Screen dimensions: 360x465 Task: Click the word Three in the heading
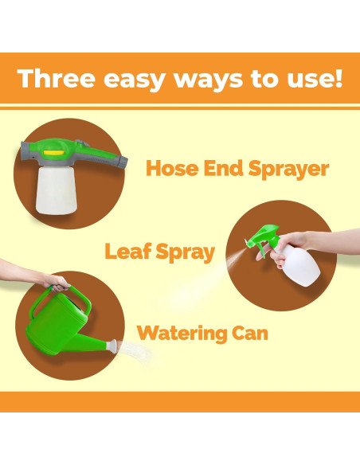pyautogui.click(x=56, y=78)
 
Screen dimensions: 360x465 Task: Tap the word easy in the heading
pyautogui.click(x=134, y=80)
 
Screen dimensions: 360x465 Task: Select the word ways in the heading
pyautogui.click(x=208, y=80)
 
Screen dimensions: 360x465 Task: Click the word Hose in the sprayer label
pyautogui.click(x=172, y=168)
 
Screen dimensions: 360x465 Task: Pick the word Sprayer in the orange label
pyautogui.click(x=288, y=170)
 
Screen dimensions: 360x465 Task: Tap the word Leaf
pyautogui.click(x=128, y=251)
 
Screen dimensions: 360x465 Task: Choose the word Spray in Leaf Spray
pyautogui.click(x=185, y=252)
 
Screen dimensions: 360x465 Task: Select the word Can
pyautogui.click(x=250, y=333)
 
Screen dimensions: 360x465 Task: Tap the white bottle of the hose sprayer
pyautogui.click(x=57, y=190)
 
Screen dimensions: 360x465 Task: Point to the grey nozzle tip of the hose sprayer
pyautogui.click(x=123, y=162)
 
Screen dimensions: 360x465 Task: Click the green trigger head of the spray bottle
pyautogui.click(x=264, y=236)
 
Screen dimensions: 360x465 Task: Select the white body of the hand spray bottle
pyautogui.click(x=299, y=265)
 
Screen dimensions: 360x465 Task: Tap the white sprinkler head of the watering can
pyautogui.click(x=112, y=346)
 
